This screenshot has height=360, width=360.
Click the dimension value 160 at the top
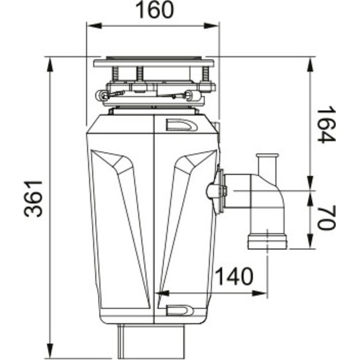point(153,10)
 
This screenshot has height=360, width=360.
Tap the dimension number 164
point(325,124)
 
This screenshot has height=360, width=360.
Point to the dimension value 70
point(325,217)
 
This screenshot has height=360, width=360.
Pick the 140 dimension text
point(234,277)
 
